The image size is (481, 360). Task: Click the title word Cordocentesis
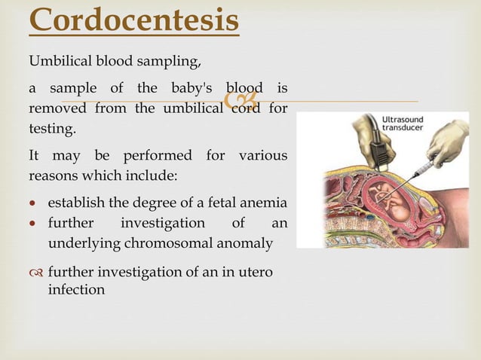134,20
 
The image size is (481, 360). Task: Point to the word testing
53,129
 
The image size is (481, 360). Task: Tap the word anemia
265,203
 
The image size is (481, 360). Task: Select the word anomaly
244,243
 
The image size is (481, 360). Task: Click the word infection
76,289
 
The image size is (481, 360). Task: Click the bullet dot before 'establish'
34,203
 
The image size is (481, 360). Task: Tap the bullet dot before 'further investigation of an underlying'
34,224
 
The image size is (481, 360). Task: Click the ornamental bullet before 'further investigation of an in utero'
35,272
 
